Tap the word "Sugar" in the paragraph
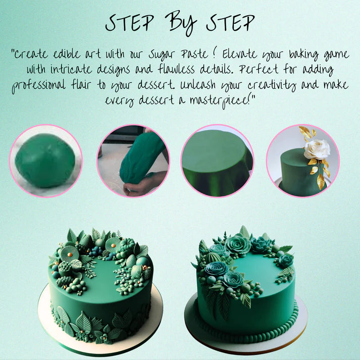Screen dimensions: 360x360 (x=162, y=55)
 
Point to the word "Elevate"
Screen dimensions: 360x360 (x=240, y=54)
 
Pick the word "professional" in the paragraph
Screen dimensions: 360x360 (x=38, y=86)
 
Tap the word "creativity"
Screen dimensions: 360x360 (x=272, y=85)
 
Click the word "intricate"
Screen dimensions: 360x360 (x=71, y=69)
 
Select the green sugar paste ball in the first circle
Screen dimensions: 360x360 (x=45, y=160)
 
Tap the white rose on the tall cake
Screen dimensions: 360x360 (x=317, y=149)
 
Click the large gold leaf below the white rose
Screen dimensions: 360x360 (x=321, y=181)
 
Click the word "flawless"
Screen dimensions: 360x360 (x=176, y=69)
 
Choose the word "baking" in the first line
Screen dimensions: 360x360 (x=303, y=55)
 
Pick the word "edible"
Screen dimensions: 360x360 (x=67, y=54)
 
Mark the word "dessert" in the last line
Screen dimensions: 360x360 (x=156, y=100)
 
